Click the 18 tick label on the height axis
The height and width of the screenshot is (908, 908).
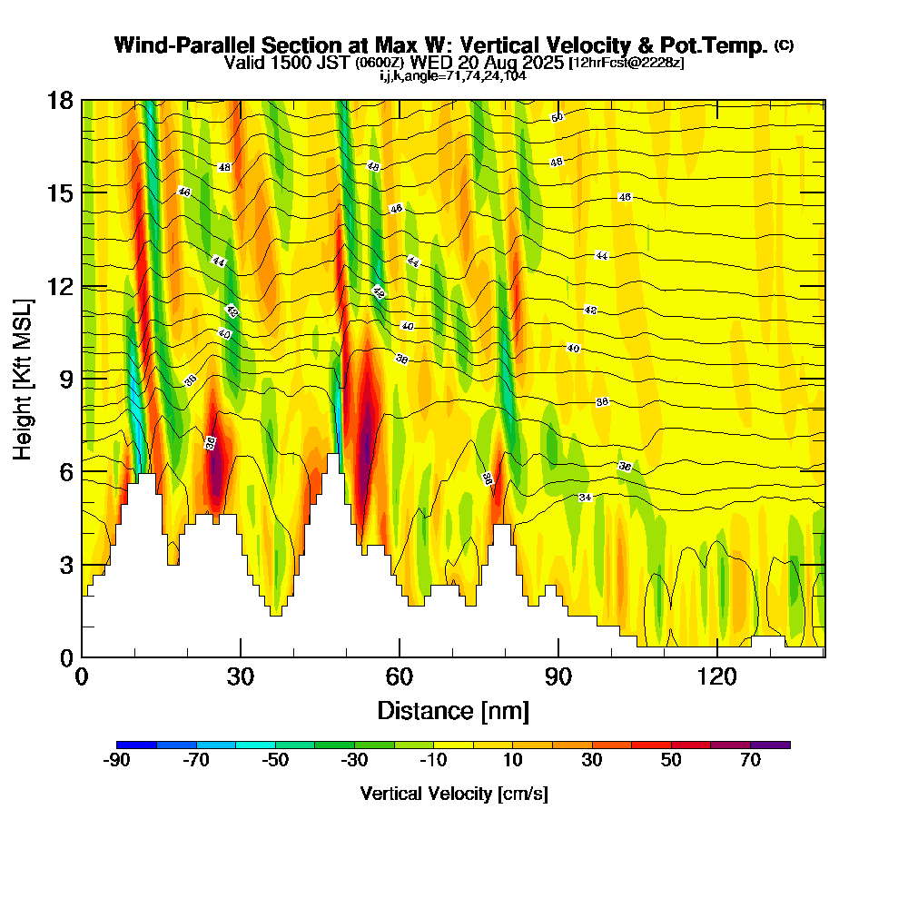(x=62, y=100)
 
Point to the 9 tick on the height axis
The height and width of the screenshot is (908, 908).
(x=82, y=379)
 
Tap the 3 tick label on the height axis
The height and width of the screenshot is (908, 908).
(x=67, y=565)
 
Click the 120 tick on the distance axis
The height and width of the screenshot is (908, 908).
(x=717, y=656)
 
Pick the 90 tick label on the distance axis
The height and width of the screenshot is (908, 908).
(x=558, y=676)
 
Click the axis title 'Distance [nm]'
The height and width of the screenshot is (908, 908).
(x=453, y=709)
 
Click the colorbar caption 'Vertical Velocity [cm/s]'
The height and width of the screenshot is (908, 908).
(x=454, y=794)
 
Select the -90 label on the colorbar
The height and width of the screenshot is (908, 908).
(x=117, y=761)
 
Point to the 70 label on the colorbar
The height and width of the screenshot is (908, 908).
(x=750, y=761)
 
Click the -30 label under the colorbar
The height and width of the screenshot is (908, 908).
(x=354, y=761)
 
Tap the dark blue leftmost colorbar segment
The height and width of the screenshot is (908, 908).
(x=137, y=745)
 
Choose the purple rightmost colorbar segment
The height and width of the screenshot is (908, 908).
(x=770, y=745)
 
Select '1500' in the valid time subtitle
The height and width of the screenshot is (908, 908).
(x=284, y=63)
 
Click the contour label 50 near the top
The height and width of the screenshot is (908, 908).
(x=558, y=117)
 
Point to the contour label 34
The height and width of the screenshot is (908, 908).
(x=586, y=498)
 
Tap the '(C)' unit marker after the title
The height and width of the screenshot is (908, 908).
(x=784, y=45)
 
